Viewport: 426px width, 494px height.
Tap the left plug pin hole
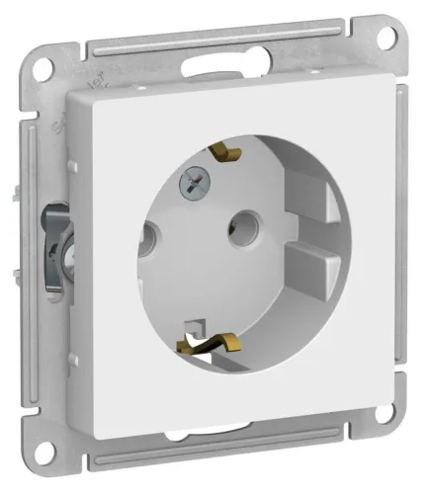coord(152,238)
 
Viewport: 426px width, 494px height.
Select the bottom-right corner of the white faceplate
coord(386,390)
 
